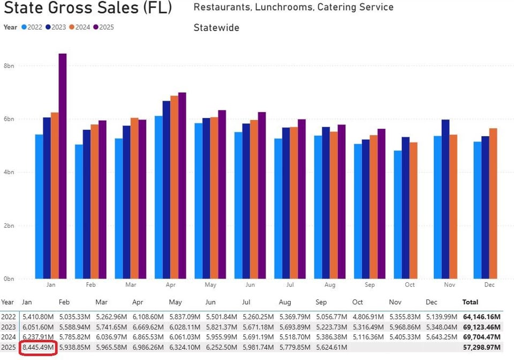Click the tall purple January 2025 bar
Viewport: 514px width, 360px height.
point(62,166)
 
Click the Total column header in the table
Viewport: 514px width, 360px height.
point(470,302)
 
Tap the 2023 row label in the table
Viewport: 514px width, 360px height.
point(8,327)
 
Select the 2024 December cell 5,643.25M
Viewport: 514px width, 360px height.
point(442,337)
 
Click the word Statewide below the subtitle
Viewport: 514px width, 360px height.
point(216,27)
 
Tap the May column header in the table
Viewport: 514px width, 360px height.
point(175,302)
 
